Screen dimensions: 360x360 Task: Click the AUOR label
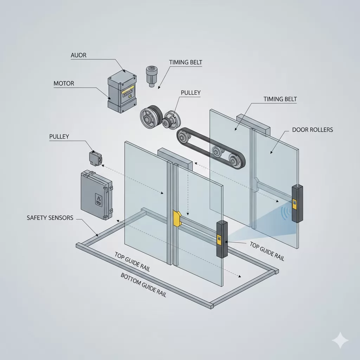[x=78, y=56]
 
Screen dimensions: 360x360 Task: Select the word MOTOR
[x=64, y=84]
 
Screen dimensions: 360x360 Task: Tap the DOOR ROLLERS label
[x=312, y=130]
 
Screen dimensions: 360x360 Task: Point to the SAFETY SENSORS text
[x=50, y=218]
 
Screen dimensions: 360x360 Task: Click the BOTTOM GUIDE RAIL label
[x=143, y=285]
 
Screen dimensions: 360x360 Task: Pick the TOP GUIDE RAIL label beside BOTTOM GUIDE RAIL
[x=133, y=262]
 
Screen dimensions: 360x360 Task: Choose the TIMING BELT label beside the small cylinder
[x=186, y=63]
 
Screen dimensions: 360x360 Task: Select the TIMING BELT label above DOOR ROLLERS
[x=280, y=99]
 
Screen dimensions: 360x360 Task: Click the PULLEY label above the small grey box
[x=59, y=136]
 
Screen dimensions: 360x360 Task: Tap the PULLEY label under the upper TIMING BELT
[x=191, y=93]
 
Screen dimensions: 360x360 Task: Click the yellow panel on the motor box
[x=128, y=94]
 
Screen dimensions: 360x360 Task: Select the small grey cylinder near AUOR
[x=151, y=75]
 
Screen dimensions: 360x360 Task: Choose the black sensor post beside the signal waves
[x=297, y=204]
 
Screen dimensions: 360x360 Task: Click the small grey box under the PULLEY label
[x=96, y=158]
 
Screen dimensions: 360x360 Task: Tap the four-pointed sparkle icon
[x=340, y=340]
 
